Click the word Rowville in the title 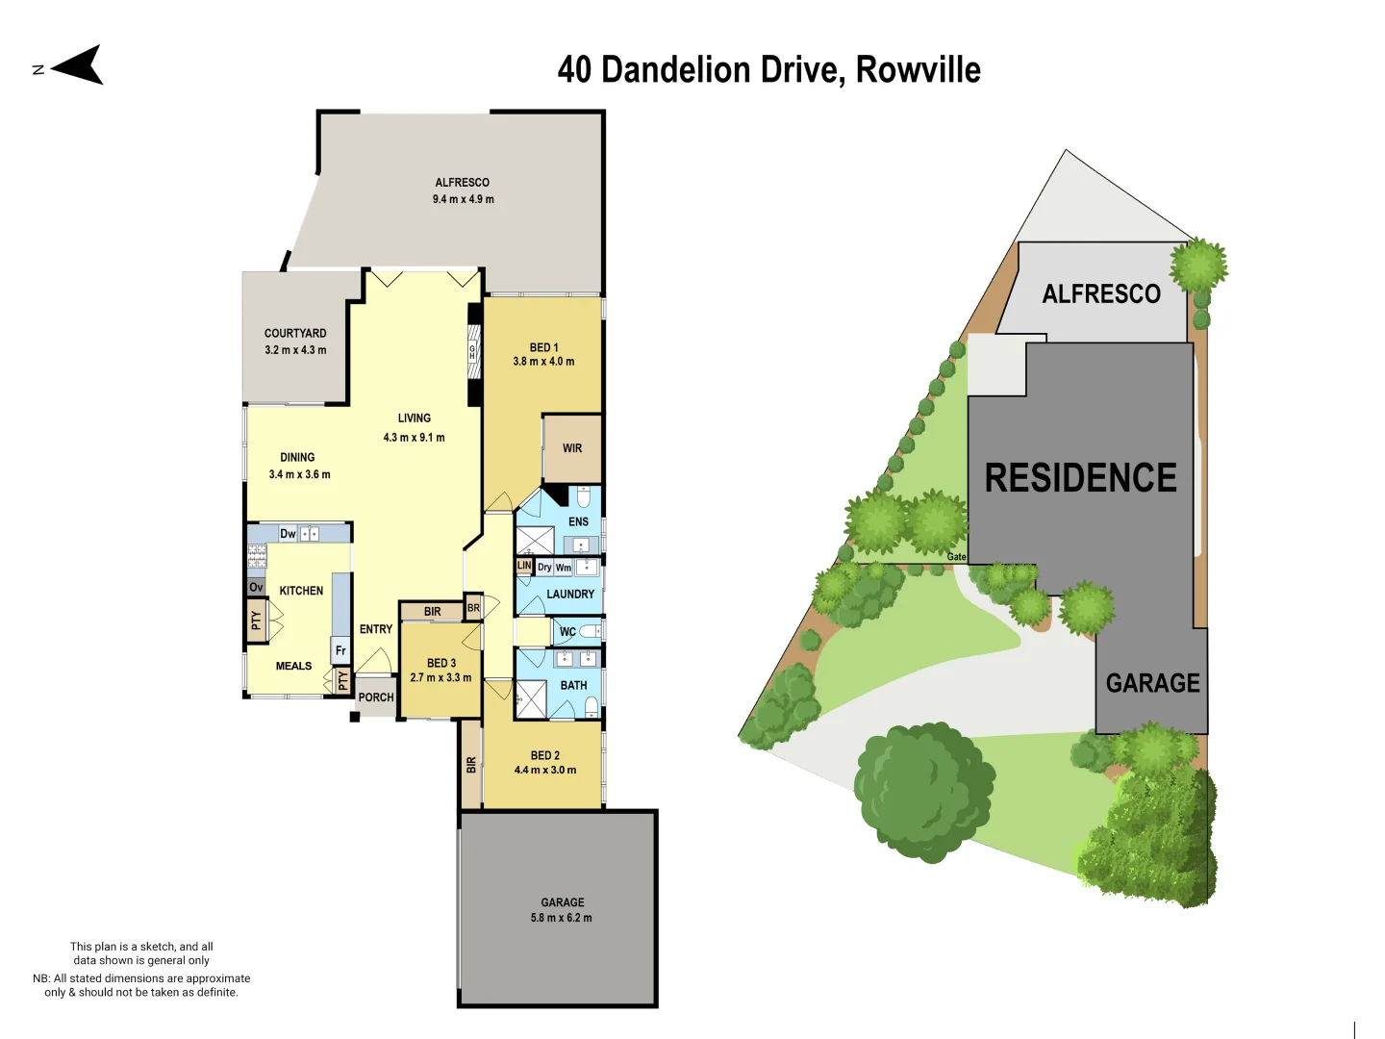[918, 70]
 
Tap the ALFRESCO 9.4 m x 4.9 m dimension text [463, 199]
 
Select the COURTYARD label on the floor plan [295, 333]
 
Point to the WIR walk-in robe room [572, 448]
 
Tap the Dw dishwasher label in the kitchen [288, 534]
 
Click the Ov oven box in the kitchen [256, 587]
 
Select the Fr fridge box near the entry [340, 650]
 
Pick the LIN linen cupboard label [524, 566]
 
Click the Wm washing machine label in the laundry [564, 568]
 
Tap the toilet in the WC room [589, 632]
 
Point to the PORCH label [376, 697]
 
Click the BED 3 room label [441, 663]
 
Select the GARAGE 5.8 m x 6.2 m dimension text [562, 918]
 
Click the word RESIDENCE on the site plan [1080, 478]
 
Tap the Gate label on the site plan [956, 557]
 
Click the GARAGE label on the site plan [1152, 683]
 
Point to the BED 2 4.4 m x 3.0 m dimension [545, 770]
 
